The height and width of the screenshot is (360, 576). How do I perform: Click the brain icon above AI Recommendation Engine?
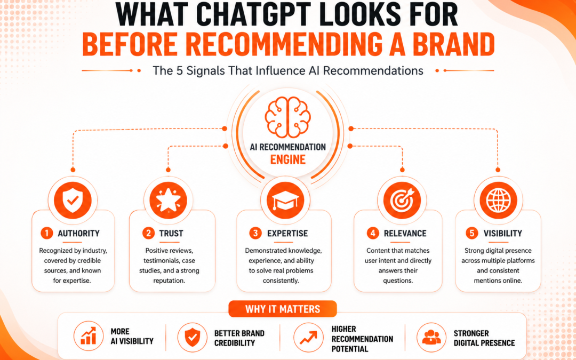coord(287,117)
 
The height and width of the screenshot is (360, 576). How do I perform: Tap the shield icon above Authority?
coord(73,201)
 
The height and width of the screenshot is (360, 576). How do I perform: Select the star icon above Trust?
coord(168,201)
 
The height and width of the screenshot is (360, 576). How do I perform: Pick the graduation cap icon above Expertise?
coord(285,201)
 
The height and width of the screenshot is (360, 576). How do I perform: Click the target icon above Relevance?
coord(402,201)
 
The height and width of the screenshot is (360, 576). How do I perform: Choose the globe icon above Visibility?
coord(498,201)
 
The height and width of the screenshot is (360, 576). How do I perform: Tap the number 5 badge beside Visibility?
coord(470,233)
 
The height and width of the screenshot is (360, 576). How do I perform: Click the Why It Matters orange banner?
coord(283,309)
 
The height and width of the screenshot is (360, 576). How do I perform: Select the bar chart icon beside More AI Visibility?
coord(88,335)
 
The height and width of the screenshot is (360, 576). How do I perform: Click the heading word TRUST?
coord(171,233)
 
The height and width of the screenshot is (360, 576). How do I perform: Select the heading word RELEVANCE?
coord(405,233)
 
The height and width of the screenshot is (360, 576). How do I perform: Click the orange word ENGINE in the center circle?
coord(288,160)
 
